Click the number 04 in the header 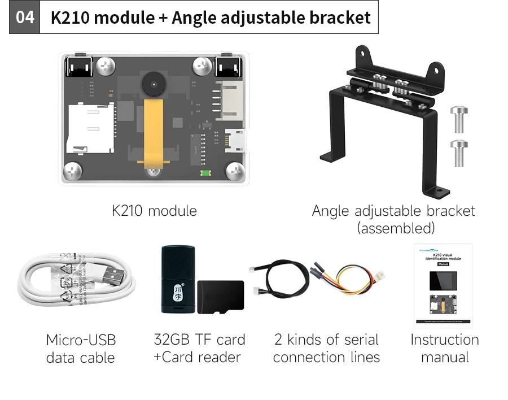point(24,17)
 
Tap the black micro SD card point(221,297)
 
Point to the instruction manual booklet point(443,285)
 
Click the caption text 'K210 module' point(154,211)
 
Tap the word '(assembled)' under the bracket point(395,228)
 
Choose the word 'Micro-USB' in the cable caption point(81,340)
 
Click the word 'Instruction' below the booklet point(444,340)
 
